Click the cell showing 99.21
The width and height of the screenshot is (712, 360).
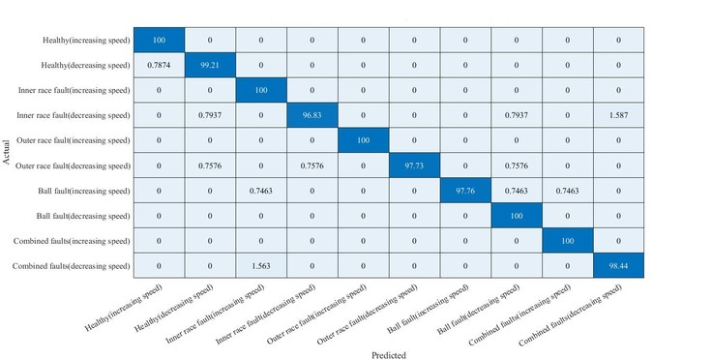210,65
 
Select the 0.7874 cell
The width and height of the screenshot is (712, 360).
159,65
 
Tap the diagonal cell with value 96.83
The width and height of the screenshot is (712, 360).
311,115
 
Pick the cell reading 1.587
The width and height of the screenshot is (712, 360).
618,115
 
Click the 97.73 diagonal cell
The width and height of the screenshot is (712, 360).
414,165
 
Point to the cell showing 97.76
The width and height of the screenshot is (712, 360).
465,191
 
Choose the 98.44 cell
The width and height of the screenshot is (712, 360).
618,266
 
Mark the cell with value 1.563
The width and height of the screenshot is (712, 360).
261,266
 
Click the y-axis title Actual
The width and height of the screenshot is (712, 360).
7,153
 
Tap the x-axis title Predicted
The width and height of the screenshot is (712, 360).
389,355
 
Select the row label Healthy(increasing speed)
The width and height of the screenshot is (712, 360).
86,40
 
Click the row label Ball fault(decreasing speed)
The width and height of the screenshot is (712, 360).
83,216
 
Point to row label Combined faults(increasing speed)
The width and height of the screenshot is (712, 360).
72,241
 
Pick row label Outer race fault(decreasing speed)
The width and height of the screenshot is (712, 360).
73,165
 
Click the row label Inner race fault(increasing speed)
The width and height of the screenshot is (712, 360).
74,90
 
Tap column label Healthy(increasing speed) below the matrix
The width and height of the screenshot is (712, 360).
124,309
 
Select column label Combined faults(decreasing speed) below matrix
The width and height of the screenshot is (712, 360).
571,315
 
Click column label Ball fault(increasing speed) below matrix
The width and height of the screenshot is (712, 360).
429,309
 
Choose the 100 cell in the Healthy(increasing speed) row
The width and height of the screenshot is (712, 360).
159,40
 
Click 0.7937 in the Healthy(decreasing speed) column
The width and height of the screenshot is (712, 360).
210,115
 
